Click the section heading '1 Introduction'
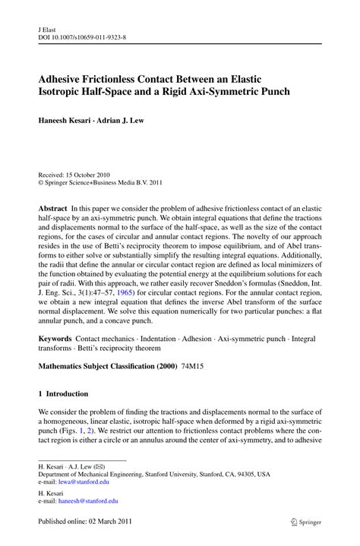point(63,394)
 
